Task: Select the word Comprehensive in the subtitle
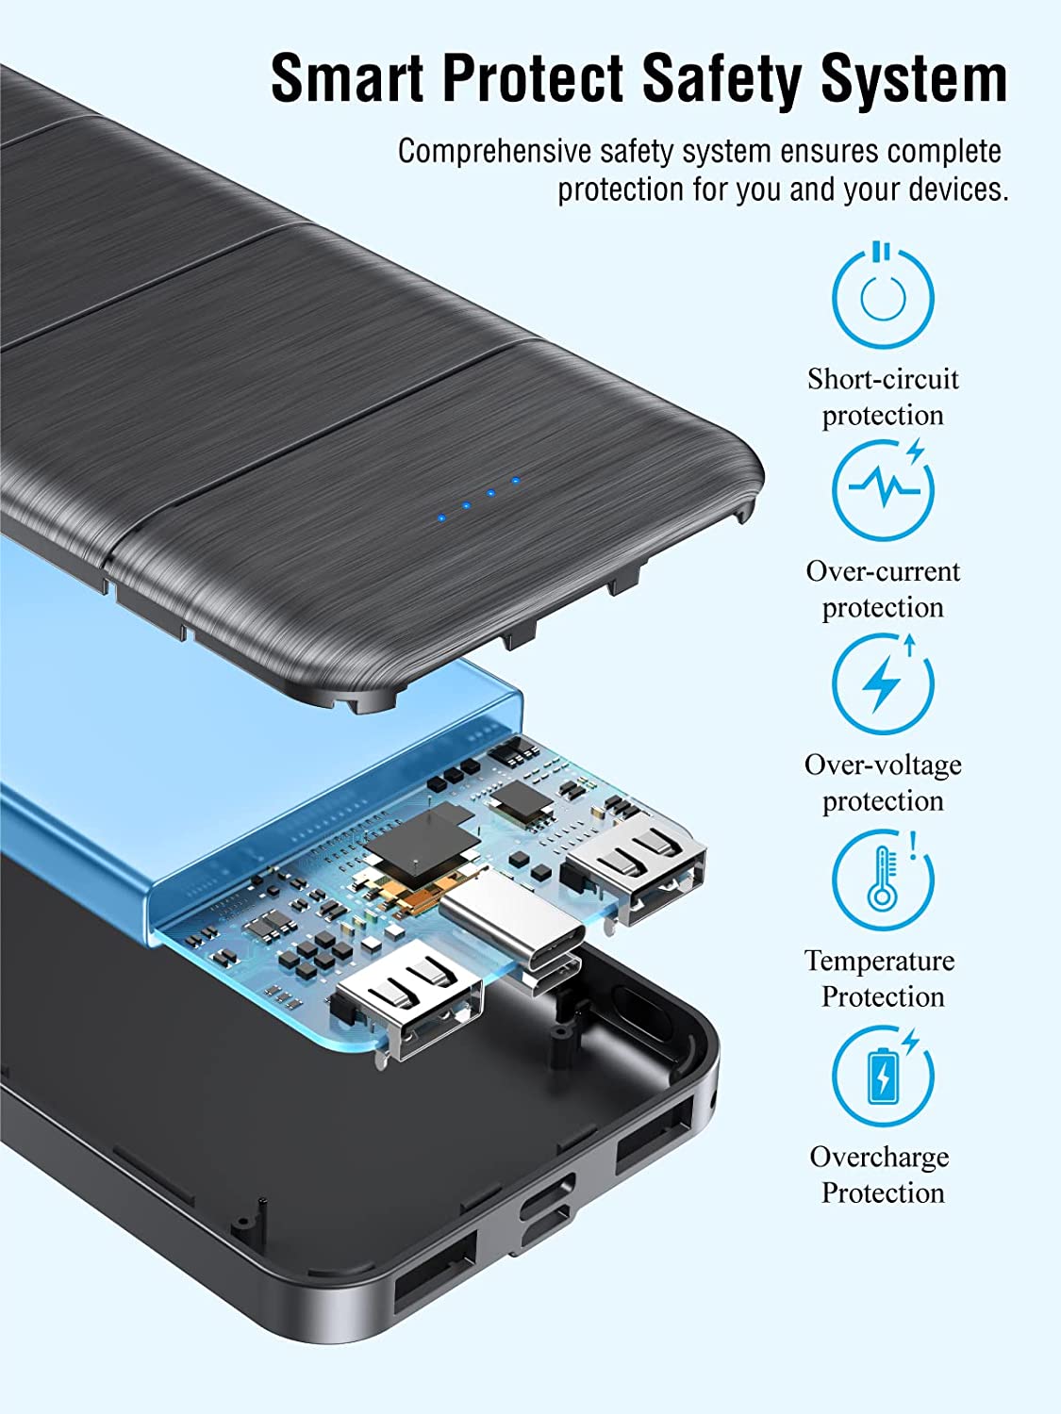click(x=494, y=152)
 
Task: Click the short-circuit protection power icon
click(x=883, y=296)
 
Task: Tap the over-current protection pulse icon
click(x=883, y=488)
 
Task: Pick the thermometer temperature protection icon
click(x=883, y=879)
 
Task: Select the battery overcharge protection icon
click(x=883, y=1075)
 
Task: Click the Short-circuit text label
click(x=883, y=379)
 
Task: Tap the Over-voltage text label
click(x=883, y=765)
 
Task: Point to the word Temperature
click(x=879, y=962)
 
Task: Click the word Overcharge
click(x=879, y=1157)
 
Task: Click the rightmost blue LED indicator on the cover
click(x=515, y=480)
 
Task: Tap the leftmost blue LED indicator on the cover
click(x=441, y=518)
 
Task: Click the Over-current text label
click(x=883, y=572)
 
